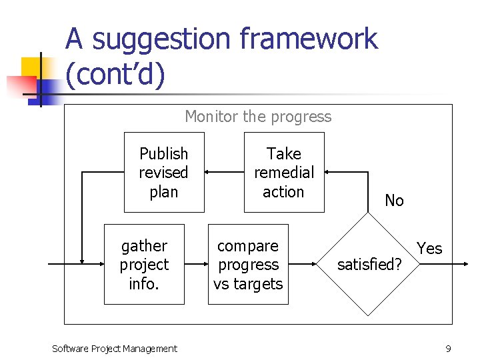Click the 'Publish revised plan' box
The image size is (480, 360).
click(164, 173)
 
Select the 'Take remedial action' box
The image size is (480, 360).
click(284, 173)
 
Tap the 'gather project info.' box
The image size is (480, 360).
click(144, 265)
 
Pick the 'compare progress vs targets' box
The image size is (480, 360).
click(248, 265)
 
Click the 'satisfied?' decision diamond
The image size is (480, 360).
click(369, 265)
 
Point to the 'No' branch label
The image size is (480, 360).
click(394, 201)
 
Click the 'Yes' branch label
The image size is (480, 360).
click(429, 249)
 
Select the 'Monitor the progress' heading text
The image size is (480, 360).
click(258, 117)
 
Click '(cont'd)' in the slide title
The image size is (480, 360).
click(115, 75)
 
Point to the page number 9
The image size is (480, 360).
click(449, 348)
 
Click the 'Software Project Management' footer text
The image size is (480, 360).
click(114, 348)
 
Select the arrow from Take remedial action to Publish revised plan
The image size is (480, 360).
click(224, 172)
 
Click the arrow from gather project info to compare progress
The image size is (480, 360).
click(196, 265)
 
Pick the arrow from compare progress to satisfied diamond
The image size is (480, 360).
click(303, 265)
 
